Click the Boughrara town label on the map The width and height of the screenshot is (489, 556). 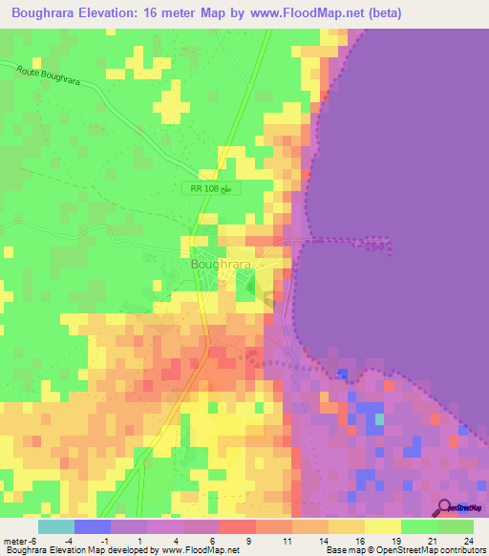point(221,265)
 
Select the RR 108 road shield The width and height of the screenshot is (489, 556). point(210,189)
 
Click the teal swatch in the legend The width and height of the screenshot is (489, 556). point(56,526)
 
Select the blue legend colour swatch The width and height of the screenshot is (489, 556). point(93,526)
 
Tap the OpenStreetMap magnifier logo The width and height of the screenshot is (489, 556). point(445,508)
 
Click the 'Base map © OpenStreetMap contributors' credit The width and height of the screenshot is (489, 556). point(406,550)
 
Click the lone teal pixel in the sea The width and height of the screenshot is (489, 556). point(379,418)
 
